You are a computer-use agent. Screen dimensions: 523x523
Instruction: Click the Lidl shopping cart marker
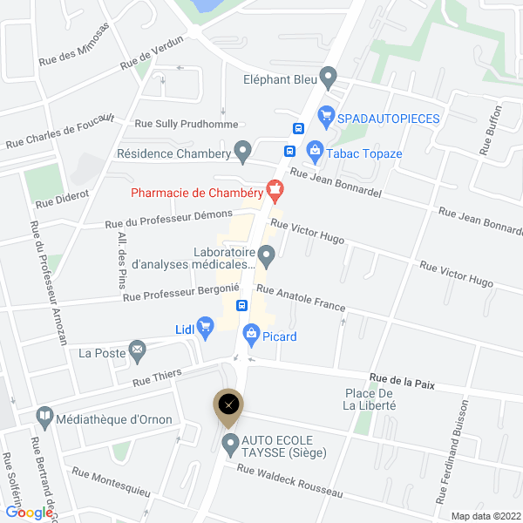click(206, 328)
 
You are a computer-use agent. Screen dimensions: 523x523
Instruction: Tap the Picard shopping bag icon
click(251, 334)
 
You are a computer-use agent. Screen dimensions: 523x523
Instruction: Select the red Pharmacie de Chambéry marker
click(275, 188)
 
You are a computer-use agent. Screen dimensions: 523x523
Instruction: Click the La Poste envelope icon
click(138, 350)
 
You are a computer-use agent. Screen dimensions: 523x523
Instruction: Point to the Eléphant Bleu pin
click(328, 78)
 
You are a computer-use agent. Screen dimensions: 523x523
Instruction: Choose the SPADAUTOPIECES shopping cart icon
click(326, 115)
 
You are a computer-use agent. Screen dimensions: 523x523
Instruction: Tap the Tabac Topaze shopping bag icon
click(315, 151)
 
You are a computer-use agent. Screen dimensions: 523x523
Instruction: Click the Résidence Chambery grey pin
click(242, 153)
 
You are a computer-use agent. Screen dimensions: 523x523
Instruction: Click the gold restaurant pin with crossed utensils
click(228, 405)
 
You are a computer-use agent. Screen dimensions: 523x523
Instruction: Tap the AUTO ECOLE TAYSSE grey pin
click(230, 445)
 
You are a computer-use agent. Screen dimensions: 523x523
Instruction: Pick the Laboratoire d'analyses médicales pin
click(267, 255)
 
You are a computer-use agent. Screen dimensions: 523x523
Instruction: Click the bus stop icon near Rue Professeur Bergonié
click(241, 305)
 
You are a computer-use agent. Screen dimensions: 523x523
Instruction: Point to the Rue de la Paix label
click(402, 379)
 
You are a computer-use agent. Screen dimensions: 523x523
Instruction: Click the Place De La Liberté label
click(370, 399)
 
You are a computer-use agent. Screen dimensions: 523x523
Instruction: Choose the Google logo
click(28, 513)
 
